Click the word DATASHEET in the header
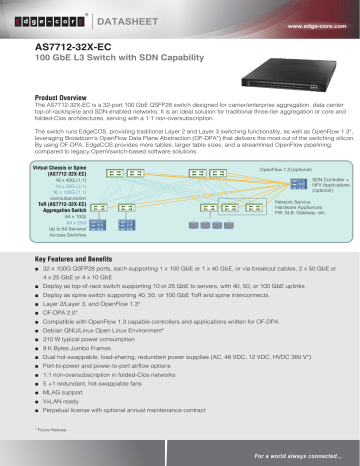[121, 17]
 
